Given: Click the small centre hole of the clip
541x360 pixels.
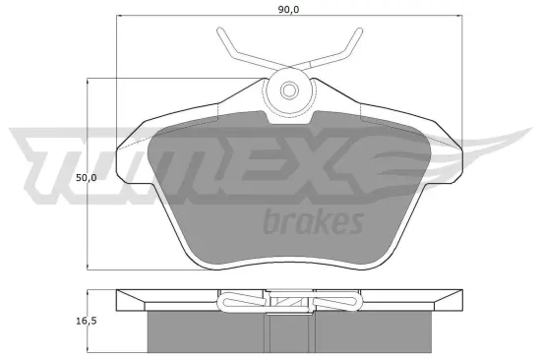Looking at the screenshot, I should click(290, 91).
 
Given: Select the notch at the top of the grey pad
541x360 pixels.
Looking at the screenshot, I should click(290, 120).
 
